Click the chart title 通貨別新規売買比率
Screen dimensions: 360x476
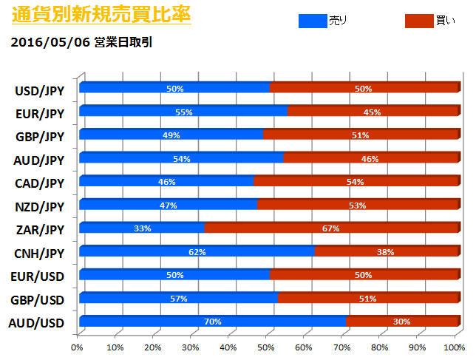101,15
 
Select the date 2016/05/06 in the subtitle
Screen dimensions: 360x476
51,42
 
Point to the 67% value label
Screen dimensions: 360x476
330,228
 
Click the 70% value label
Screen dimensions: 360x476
213,322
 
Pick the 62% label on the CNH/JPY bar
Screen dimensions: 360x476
196,252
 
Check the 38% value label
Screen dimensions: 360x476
386,252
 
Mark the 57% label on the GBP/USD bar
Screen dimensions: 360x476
179,299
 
